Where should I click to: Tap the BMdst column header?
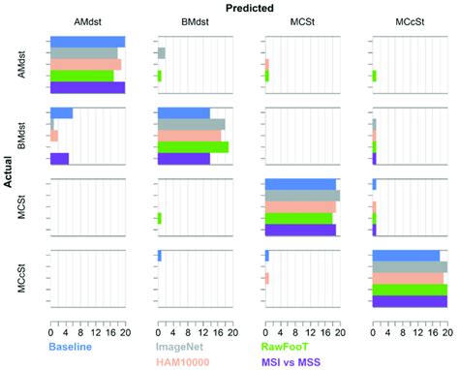coord(193,23)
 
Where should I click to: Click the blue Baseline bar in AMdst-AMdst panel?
coord(87,42)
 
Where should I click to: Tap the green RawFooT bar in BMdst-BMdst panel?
coord(193,147)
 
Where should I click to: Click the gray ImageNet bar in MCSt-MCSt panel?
coord(301,196)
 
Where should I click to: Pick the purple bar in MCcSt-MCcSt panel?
coord(409,301)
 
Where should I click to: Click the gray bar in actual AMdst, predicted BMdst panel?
coord(161,53)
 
